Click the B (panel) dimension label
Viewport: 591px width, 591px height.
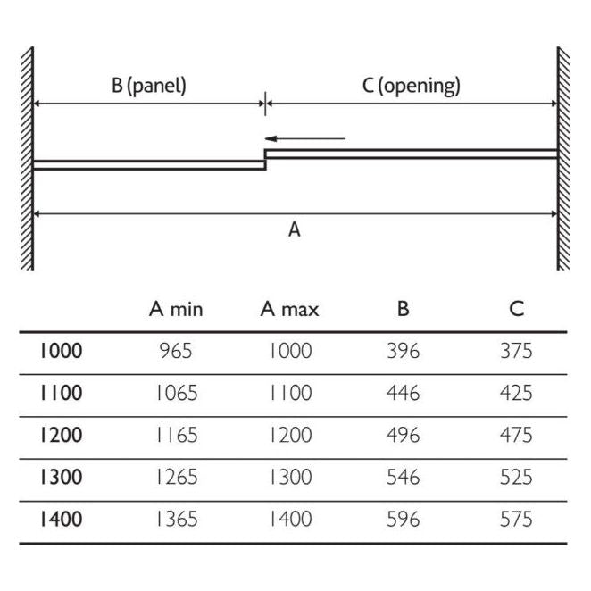pyautogui.click(x=149, y=87)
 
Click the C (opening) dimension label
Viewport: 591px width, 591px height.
pyautogui.click(x=412, y=87)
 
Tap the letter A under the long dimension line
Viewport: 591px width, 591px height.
pyautogui.click(x=295, y=230)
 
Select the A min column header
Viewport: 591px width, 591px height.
pyautogui.click(x=176, y=310)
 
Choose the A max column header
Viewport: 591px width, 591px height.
pyautogui.click(x=290, y=310)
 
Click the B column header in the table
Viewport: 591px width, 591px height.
pyautogui.click(x=404, y=310)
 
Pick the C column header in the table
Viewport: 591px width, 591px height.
pyautogui.click(x=517, y=310)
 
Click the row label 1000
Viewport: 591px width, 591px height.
pyautogui.click(x=60, y=351)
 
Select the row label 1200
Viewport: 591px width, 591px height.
pyautogui.click(x=60, y=435)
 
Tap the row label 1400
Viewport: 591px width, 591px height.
pyautogui.click(x=60, y=519)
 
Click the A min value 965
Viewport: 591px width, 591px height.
pyautogui.click(x=176, y=351)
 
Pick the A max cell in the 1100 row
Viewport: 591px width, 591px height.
pyautogui.click(x=290, y=393)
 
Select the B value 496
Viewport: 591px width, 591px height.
pyautogui.click(x=404, y=435)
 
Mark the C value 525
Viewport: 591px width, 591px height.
pyautogui.click(x=517, y=477)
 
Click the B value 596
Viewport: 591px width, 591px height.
pyautogui.click(x=404, y=519)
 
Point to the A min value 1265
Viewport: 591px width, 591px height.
pyautogui.click(x=176, y=477)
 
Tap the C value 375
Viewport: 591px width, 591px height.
pyautogui.click(x=517, y=351)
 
